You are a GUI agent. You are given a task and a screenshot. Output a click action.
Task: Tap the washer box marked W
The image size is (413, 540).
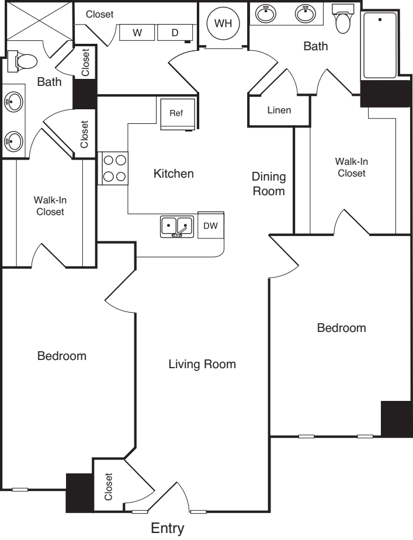[x=137, y=33]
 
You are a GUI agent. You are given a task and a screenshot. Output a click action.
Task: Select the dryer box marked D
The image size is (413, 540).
[x=174, y=33]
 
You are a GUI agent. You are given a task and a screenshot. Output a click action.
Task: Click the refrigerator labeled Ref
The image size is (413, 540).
[x=176, y=113]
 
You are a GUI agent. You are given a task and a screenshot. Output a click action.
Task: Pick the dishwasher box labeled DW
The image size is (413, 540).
[x=211, y=226]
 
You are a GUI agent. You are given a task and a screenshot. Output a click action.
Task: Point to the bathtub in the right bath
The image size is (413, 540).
[x=380, y=46]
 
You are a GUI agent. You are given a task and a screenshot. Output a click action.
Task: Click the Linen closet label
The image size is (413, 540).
[x=279, y=110]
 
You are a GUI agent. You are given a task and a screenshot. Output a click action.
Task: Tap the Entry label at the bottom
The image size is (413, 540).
[x=168, y=529]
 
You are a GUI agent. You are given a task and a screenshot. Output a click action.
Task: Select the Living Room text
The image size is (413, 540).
[x=202, y=365]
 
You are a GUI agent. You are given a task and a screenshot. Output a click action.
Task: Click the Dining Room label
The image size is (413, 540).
[x=269, y=184]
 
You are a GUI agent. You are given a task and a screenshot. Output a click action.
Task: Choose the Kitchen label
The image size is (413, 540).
[x=173, y=174]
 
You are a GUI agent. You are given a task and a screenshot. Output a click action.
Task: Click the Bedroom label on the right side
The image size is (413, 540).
[x=341, y=328]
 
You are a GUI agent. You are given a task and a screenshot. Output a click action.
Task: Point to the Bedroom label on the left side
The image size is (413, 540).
[x=62, y=356]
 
